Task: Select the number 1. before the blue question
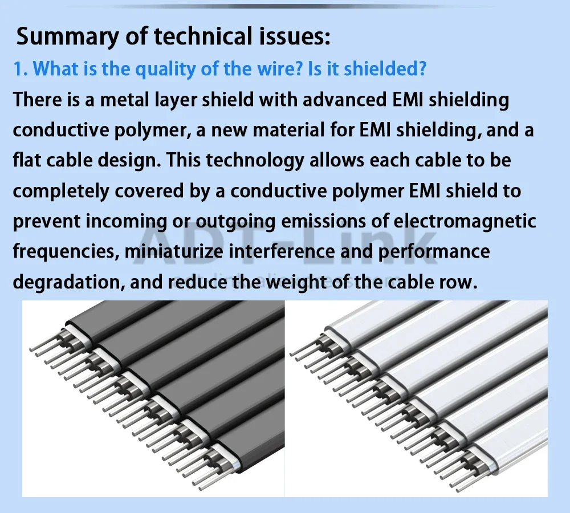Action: (x=21, y=69)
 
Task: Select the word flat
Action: (x=25, y=160)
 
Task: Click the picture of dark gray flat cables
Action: (x=153, y=398)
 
